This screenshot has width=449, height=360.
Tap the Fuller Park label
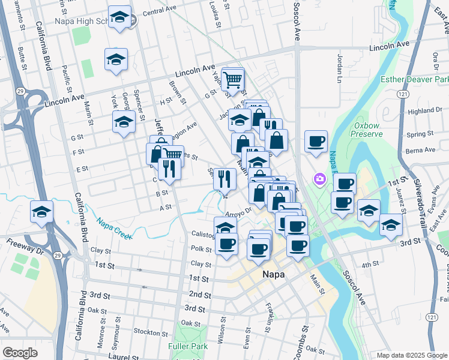188,346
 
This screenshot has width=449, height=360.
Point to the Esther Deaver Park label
414,79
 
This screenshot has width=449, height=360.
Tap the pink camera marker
319,179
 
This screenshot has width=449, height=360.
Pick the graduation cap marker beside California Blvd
41,212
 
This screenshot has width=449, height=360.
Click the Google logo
20,353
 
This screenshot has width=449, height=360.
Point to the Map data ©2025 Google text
411,355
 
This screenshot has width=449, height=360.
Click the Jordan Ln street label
340,69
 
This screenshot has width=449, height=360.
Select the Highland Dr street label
424,111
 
